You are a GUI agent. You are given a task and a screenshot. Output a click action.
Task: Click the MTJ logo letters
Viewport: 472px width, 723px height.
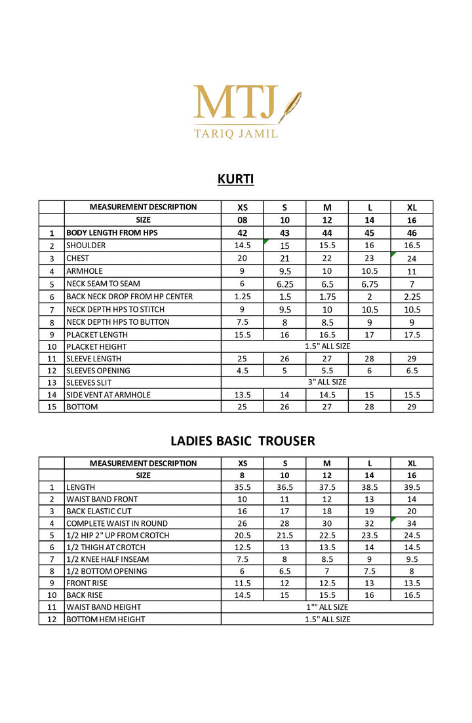[x=235, y=103]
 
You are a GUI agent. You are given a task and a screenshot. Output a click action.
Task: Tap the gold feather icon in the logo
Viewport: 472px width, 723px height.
[x=289, y=107]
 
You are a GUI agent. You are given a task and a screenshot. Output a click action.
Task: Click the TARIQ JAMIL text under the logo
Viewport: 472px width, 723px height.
[x=235, y=133]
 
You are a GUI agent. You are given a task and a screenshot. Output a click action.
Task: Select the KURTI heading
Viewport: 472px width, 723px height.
[x=235, y=179]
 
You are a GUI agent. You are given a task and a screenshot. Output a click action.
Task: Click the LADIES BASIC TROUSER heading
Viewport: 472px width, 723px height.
[x=243, y=441]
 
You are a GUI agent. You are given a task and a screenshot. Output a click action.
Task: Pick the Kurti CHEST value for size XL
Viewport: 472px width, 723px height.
[x=412, y=259]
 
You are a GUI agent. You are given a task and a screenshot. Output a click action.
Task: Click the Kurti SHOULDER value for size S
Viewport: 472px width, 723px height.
[x=285, y=246]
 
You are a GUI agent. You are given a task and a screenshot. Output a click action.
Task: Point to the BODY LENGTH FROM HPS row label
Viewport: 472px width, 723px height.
[x=111, y=232]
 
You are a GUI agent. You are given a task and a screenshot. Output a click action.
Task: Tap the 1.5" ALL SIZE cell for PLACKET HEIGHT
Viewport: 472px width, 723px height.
[x=327, y=346]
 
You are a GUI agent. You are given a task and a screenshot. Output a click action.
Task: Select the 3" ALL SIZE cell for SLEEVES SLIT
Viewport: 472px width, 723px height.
[x=327, y=382]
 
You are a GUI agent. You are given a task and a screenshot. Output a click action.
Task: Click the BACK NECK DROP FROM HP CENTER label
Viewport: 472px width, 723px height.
[x=129, y=297]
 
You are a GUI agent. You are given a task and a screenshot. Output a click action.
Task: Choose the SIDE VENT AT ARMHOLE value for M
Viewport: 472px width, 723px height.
[x=327, y=395]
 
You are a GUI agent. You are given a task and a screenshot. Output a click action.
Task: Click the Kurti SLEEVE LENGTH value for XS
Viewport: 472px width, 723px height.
[x=242, y=359]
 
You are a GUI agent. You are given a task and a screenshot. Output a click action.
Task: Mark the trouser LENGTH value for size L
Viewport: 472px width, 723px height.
[x=369, y=487]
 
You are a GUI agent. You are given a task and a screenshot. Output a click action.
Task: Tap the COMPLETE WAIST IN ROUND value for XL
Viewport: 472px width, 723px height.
[x=412, y=523]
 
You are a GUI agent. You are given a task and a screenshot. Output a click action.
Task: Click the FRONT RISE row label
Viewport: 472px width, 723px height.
[x=87, y=583]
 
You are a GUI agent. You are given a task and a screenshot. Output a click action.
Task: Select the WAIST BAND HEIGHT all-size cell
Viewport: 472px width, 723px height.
[x=327, y=607]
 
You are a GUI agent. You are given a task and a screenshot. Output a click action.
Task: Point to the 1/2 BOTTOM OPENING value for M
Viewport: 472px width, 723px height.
[x=327, y=571]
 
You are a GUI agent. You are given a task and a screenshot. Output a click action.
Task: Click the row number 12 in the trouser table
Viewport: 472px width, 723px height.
[x=51, y=619]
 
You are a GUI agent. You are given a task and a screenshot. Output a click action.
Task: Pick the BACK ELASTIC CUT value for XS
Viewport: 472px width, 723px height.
[x=242, y=511]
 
